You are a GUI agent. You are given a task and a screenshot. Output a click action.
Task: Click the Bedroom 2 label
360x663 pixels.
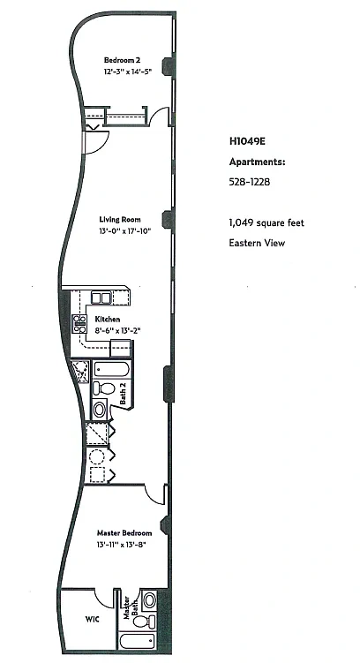coord(119,60)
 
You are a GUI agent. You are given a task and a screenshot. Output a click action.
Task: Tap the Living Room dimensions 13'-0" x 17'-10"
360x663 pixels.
coord(125,231)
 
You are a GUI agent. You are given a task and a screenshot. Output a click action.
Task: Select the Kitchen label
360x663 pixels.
coord(108,320)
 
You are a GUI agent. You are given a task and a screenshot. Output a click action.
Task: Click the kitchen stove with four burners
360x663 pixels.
coord(79,323)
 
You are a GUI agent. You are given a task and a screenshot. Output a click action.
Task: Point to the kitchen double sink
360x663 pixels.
coord(101,298)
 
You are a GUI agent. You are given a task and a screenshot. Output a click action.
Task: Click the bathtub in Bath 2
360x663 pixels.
coord(111,370)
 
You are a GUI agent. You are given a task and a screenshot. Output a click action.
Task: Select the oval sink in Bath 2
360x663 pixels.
coord(100,410)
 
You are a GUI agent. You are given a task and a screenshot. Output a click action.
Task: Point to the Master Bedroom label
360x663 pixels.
coord(124,532)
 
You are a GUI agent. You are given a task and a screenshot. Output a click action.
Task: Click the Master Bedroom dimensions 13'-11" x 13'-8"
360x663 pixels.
coord(121,545)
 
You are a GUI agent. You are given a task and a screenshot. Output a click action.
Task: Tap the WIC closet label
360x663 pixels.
coord(92,620)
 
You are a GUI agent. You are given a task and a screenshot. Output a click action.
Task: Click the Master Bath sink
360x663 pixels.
coord(150,599)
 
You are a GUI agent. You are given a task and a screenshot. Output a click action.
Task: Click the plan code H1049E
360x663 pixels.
coord(247,141)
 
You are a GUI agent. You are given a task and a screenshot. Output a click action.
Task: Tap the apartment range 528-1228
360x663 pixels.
coord(250,182)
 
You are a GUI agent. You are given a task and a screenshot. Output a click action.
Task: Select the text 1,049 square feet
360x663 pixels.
coord(266,222)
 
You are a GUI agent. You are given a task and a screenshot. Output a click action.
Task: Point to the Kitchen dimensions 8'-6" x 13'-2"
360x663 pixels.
coord(117,331)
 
